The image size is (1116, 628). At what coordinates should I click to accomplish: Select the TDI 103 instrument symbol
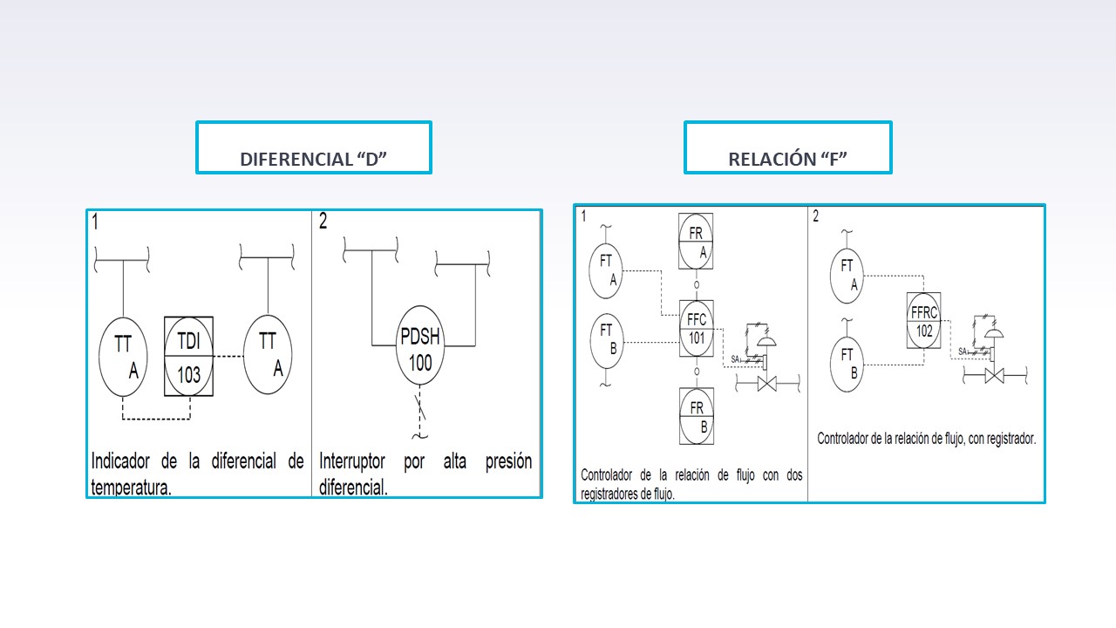189,357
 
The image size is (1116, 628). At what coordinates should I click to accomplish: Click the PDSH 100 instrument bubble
420,345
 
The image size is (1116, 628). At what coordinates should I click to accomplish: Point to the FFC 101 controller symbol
697,329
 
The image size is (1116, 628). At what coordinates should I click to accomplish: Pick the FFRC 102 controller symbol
923,320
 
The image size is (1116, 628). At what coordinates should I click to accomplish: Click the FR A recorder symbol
696,242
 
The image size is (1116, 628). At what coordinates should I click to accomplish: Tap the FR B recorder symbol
697,416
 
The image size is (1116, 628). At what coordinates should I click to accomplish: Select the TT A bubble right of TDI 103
268,354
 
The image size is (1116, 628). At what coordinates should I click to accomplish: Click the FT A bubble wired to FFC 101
606,270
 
